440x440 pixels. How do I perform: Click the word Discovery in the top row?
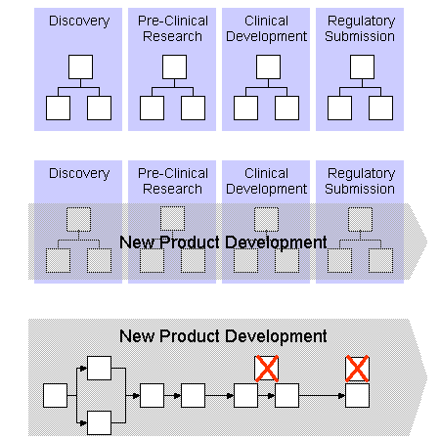tap(79, 22)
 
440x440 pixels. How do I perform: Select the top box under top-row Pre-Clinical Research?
tap(174, 66)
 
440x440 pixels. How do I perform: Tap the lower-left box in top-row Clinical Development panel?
tap(245, 108)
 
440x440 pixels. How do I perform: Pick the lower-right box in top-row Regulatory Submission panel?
tap(380, 108)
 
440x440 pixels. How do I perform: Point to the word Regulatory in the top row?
tap(361, 22)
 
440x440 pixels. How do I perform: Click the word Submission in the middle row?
tap(360, 189)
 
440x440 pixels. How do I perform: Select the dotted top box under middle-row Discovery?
tap(78, 219)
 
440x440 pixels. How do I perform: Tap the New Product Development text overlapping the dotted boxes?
tap(223, 242)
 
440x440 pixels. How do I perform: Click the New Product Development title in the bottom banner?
tap(223, 336)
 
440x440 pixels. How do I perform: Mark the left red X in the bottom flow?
tap(267, 369)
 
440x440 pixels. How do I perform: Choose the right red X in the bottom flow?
tap(357, 369)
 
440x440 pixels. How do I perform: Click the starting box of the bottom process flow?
tap(55, 395)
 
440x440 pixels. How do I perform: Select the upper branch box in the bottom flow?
tap(100, 368)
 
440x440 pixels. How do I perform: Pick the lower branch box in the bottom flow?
tap(100, 422)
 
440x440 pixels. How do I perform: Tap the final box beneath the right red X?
tap(357, 395)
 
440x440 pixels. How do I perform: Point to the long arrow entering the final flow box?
tap(322, 396)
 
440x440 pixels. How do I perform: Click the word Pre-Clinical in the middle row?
tap(173, 173)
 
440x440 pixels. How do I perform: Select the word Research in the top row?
tap(172, 36)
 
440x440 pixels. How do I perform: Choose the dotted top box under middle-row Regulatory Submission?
tap(360, 219)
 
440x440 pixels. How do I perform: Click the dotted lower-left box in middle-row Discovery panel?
tap(58, 260)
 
